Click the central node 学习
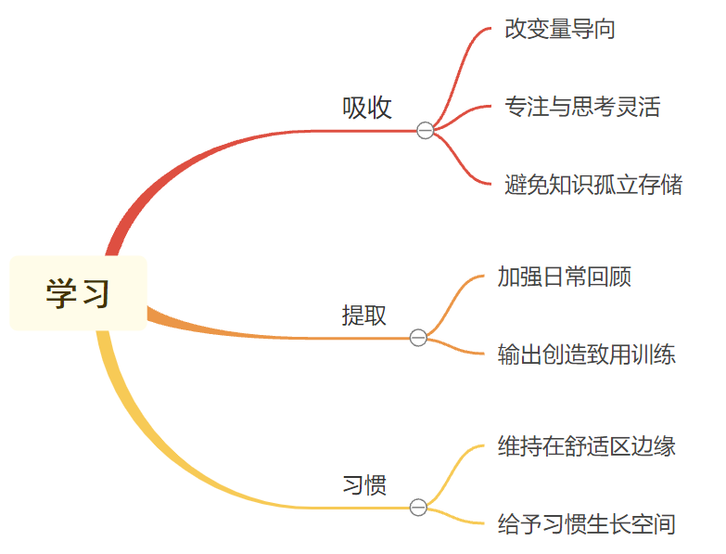coord(78,293)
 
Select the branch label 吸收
coord(367,109)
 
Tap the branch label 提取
coord(364,316)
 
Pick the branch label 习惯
coord(364,485)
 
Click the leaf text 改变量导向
coord(560,29)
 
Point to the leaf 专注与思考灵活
coord(582,107)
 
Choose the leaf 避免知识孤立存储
coord(593,185)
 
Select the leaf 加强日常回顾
coord(565,277)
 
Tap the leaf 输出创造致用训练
coord(587,354)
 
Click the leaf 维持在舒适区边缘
coord(587,446)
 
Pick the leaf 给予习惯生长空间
coord(587,524)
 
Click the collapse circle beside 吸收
coord(425,131)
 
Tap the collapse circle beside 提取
coord(418,338)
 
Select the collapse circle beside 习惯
coord(418,508)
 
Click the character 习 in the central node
coord(95,294)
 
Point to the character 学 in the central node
coord(60,294)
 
